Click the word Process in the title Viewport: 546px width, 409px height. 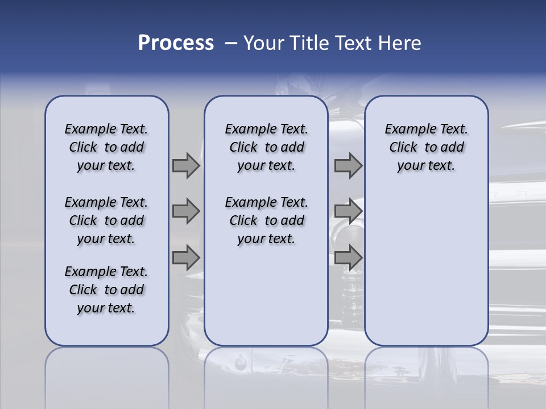176,43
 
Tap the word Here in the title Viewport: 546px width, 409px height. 399,43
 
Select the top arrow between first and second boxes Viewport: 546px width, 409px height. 186,166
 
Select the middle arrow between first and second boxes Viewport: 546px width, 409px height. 186,211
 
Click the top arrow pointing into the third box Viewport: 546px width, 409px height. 348,166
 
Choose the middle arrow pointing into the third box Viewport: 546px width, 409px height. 348,211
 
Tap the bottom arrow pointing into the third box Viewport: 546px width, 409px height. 348,257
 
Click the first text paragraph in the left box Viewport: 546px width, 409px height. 106,147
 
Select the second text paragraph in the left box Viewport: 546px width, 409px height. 106,220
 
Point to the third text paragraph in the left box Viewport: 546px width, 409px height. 106,290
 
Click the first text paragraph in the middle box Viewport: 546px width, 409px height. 266,147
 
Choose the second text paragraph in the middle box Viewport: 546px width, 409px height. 266,220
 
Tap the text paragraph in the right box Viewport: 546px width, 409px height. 426,147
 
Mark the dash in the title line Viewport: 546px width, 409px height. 231,43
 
